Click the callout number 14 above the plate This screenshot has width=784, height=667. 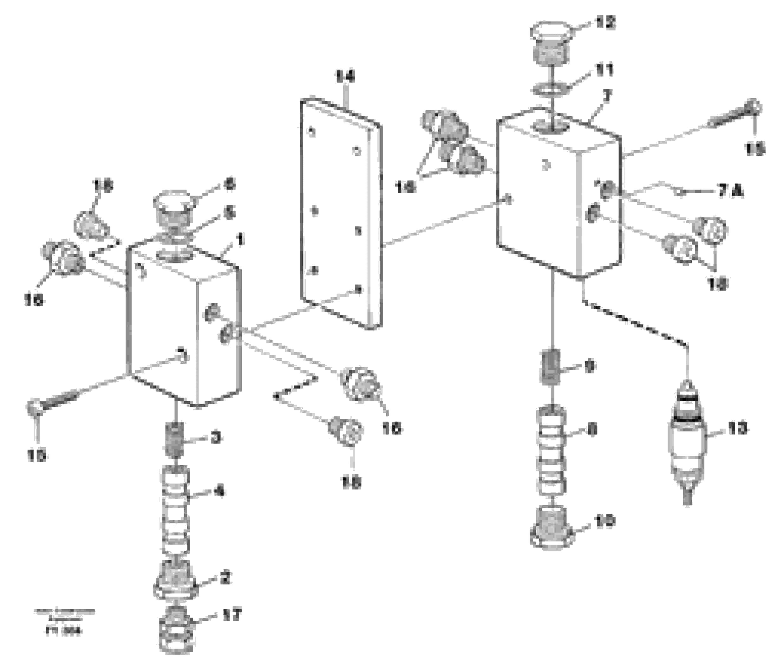tap(345, 77)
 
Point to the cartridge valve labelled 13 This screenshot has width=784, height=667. tap(688, 443)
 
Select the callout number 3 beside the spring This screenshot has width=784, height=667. tap(216, 438)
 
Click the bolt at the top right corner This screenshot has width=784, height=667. tap(734, 114)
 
